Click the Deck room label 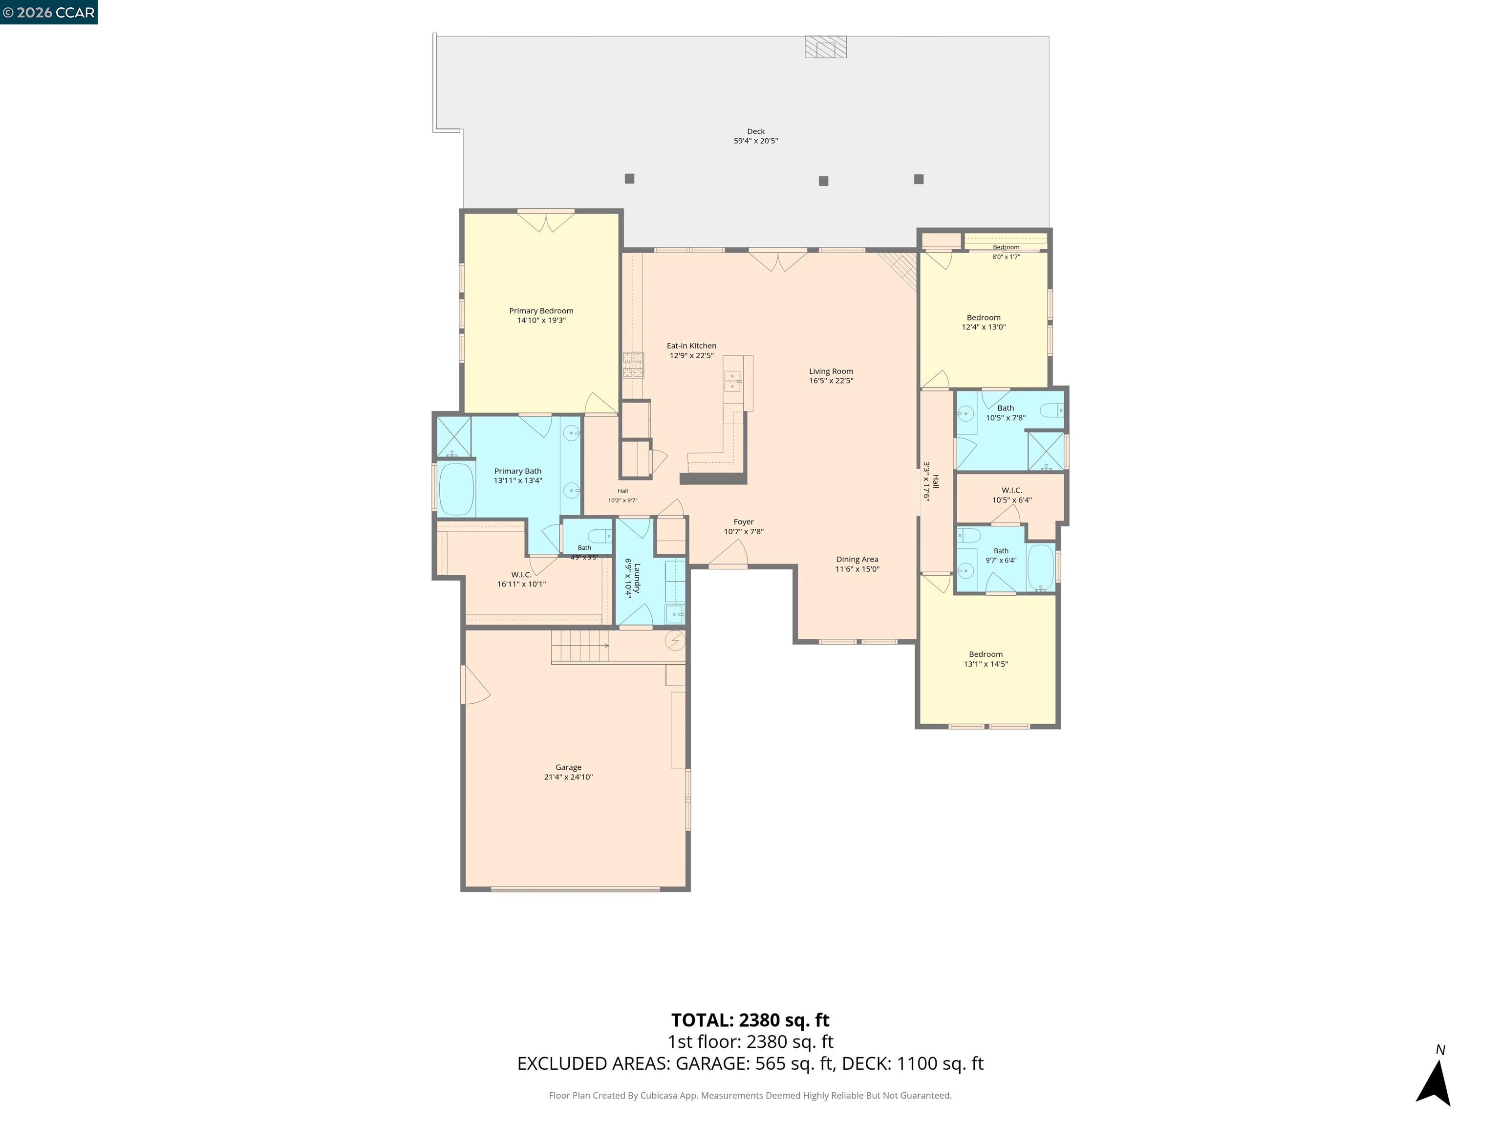(756, 131)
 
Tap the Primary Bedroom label (541, 311)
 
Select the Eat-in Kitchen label (691, 346)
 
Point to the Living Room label (831, 371)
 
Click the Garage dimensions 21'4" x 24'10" (569, 777)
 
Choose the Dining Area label (857, 559)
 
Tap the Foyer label (744, 522)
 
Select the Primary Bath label (518, 471)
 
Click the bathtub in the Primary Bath (456, 489)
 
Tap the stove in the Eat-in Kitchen (633, 365)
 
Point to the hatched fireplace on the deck (826, 47)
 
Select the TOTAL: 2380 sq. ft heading (750, 1020)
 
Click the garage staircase (580, 646)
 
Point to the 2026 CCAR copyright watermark (49, 12)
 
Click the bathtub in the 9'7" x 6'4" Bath (1040, 567)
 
